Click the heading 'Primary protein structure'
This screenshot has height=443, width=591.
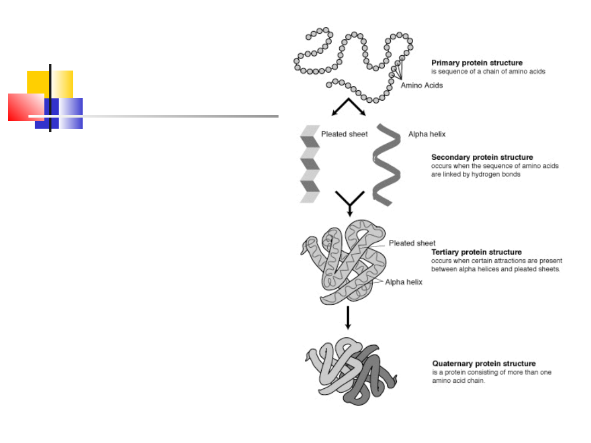(477, 63)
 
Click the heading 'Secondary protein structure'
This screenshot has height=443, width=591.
(482, 157)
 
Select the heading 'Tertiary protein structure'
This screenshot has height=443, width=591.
(477, 252)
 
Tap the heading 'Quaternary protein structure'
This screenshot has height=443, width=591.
(484, 364)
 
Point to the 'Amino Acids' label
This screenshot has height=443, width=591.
(421, 85)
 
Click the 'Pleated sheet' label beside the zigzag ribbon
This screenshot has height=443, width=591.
(344, 134)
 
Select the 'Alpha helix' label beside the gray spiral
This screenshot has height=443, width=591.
(427, 134)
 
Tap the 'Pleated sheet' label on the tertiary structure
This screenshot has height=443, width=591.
(412, 243)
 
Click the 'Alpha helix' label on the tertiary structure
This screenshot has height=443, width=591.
(404, 282)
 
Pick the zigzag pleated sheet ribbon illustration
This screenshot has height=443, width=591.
(310, 164)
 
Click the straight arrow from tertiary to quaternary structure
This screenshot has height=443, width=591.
(348, 318)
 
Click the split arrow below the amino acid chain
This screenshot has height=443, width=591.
(349, 107)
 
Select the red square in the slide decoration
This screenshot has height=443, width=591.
(26, 107)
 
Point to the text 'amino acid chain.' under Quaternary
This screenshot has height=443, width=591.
(459, 381)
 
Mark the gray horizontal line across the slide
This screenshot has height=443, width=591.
(153, 116)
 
